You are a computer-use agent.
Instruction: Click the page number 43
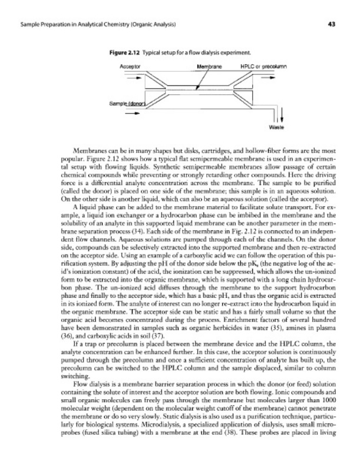click(332, 24)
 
